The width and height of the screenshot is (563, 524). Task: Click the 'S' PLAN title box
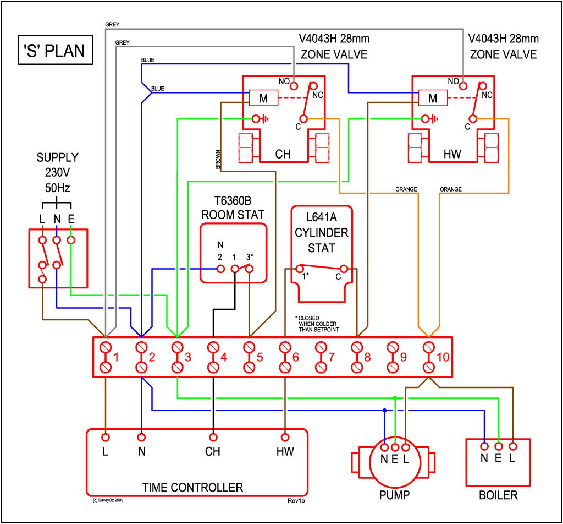click(x=53, y=51)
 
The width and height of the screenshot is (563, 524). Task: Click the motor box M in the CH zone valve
click(x=263, y=98)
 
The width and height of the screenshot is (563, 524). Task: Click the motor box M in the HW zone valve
click(x=432, y=98)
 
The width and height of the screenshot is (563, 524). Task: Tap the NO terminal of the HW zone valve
click(x=463, y=85)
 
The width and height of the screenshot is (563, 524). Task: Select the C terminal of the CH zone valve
click(x=303, y=118)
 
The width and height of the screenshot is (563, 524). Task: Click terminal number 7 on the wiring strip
click(x=321, y=357)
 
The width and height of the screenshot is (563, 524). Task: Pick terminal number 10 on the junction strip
click(x=429, y=357)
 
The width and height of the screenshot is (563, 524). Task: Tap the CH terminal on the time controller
click(x=213, y=438)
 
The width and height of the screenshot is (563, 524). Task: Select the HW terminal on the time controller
click(x=285, y=438)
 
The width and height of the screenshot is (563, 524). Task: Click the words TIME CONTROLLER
click(x=192, y=487)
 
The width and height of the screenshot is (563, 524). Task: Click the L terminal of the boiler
click(x=512, y=446)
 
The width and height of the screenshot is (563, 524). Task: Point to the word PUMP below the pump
click(x=394, y=495)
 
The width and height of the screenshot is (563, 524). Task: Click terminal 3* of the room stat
click(x=249, y=269)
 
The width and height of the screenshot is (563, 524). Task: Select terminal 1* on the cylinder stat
click(x=300, y=269)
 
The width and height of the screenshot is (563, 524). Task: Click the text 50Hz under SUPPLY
click(x=57, y=188)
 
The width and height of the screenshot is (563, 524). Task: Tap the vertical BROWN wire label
click(x=218, y=160)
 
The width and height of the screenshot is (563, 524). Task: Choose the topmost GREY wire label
click(x=112, y=25)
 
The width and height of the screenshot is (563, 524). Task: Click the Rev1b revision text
click(x=296, y=501)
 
